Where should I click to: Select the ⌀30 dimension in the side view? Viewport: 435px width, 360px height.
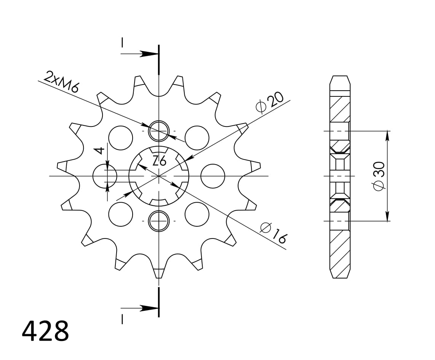379,176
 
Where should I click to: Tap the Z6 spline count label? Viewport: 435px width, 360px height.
159,161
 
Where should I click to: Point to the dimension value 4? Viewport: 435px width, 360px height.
100,150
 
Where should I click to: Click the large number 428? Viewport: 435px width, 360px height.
45,331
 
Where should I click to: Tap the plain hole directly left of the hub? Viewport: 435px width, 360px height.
105,176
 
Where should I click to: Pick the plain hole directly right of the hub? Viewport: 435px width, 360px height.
213,176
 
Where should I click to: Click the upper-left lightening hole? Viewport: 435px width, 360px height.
121,137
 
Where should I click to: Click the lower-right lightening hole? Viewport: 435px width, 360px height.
197,214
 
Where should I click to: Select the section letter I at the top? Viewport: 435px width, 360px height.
122,42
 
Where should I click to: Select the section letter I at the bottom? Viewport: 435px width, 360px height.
122,319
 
